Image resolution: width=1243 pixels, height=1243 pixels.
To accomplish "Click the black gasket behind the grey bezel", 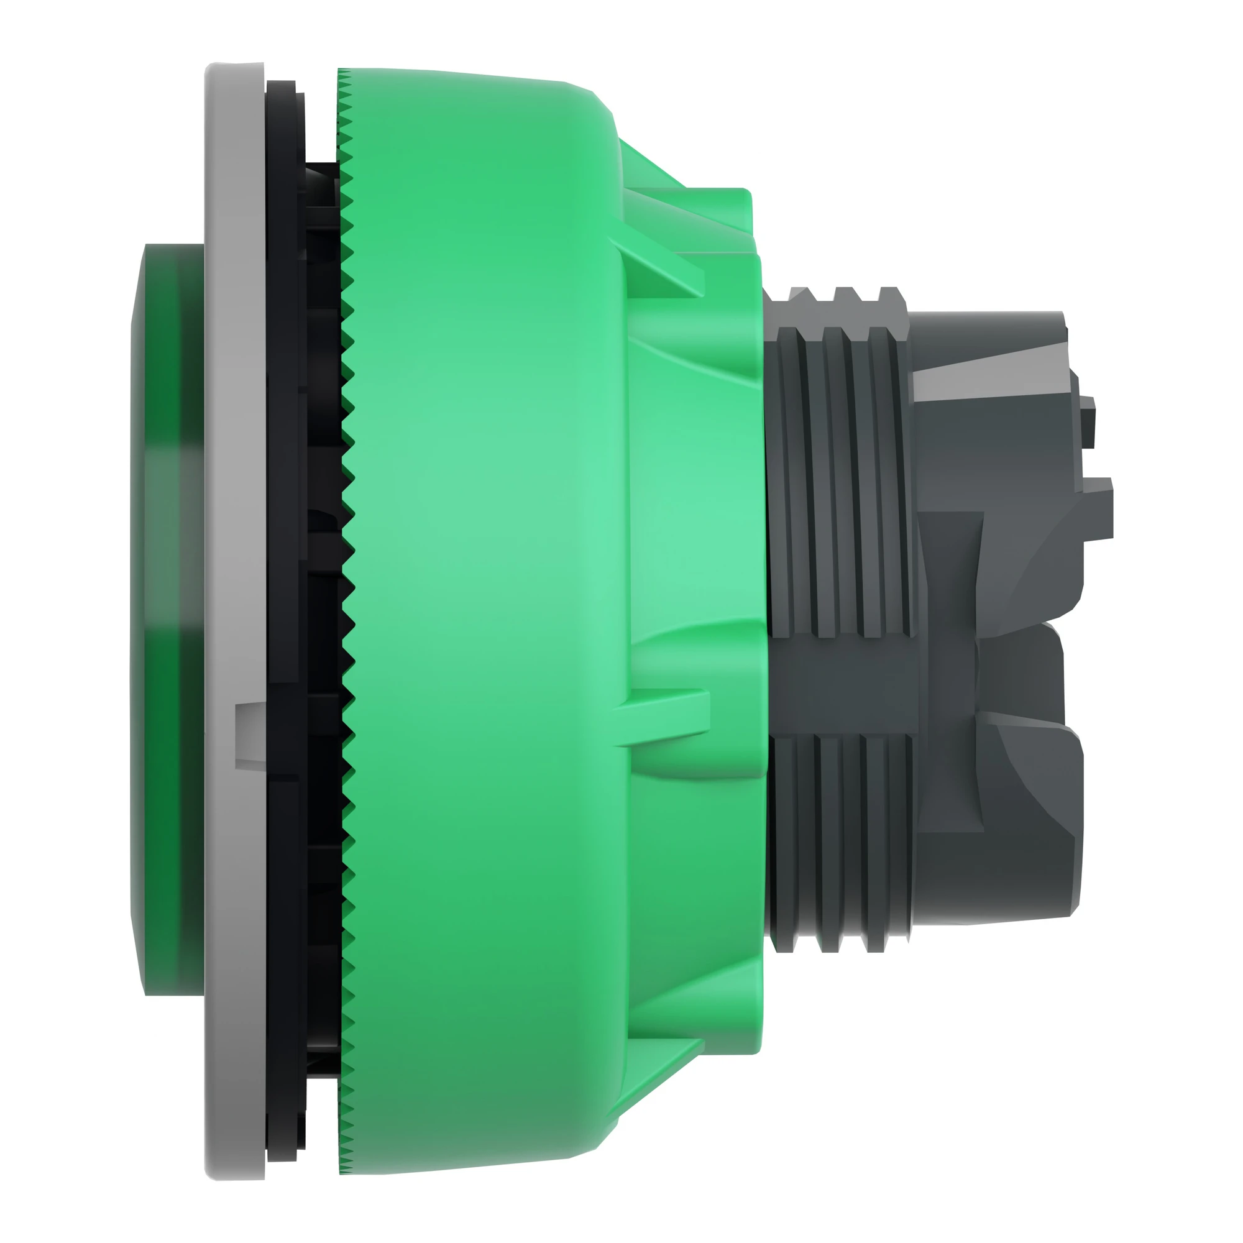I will [x=283, y=451].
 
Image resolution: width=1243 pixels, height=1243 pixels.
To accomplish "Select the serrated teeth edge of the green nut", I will [x=348, y=579].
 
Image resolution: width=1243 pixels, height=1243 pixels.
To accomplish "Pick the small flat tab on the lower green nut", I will [x=663, y=708].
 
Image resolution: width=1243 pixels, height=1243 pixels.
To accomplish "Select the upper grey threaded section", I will [x=843, y=476].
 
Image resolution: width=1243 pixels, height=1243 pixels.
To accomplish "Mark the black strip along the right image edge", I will [x=1208, y=621].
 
